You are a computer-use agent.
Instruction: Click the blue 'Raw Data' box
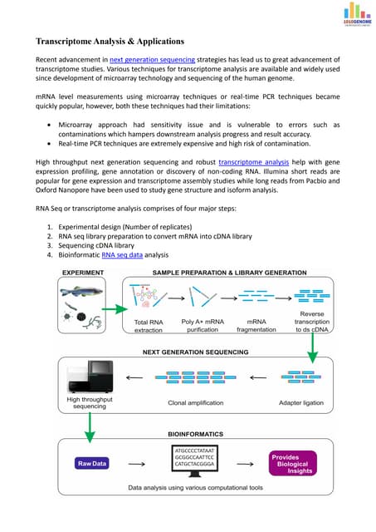tap(94, 462)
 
